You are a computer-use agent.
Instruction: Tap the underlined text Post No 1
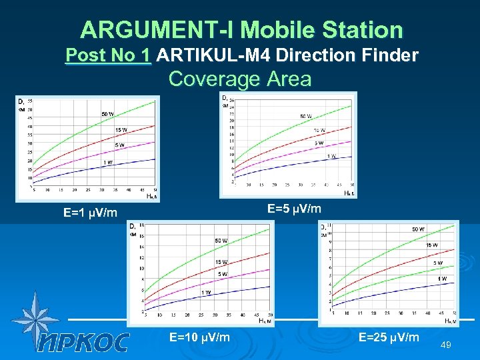[108, 55]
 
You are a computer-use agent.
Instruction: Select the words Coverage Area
[240, 79]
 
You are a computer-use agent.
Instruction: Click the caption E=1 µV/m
[91, 213]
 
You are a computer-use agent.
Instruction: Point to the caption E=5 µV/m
[294, 209]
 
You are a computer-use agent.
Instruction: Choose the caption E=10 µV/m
[200, 337]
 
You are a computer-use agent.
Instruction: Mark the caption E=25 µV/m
[389, 337]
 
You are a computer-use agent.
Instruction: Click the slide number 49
[447, 345]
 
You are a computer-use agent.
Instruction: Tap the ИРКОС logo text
[83, 342]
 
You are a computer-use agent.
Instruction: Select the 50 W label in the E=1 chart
[107, 114]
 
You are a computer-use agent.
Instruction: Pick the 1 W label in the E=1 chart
[107, 163]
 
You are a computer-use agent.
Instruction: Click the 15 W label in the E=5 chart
[319, 130]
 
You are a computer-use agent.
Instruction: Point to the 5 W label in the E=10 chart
[221, 274]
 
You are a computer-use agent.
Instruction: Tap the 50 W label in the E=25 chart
[418, 229]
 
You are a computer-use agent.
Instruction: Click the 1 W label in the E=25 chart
[442, 278]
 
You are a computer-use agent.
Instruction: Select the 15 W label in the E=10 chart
[221, 262]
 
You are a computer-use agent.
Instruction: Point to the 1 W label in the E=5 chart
[331, 156]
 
